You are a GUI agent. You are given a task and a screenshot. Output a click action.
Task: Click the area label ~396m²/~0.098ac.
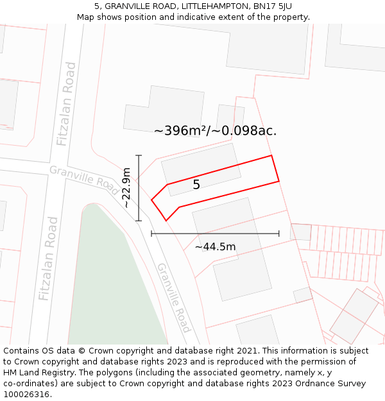coord(215,131)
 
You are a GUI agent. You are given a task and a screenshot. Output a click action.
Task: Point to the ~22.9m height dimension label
coord(126,187)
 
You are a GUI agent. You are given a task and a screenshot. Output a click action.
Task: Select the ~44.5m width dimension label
coord(215,247)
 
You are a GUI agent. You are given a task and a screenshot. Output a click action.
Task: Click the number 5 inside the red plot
coord(196,185)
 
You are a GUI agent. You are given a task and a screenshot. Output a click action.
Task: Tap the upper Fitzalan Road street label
coord(66,103)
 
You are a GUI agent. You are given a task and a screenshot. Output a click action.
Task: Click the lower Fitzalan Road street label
coord(48,259)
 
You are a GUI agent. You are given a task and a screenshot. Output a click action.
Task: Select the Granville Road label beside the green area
coord(174,297)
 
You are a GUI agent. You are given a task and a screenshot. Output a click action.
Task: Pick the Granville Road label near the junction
coord(84,177)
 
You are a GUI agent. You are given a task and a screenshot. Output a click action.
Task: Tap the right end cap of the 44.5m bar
coord(279,234)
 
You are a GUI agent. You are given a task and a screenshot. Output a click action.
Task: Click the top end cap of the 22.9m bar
coord(139,155)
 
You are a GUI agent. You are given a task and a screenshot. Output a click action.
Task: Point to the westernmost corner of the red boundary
coord(151,200)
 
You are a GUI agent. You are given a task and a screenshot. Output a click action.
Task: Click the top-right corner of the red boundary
coord(271,155)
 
